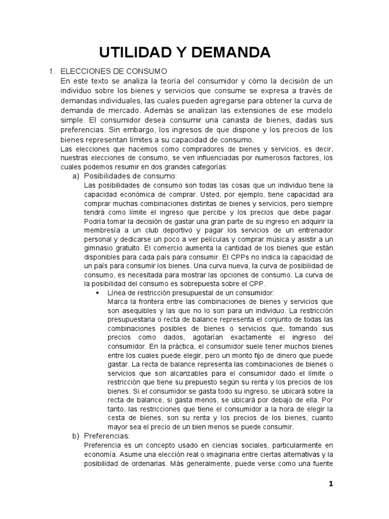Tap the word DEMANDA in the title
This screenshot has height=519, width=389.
tap(230, 52)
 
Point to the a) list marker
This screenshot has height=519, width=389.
tap(77, 175)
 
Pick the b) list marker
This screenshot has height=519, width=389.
tap(77, 435)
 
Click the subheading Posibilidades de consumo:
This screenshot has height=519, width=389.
tap(130, 175)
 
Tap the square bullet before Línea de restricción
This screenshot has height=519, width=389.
tap(97, 293)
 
